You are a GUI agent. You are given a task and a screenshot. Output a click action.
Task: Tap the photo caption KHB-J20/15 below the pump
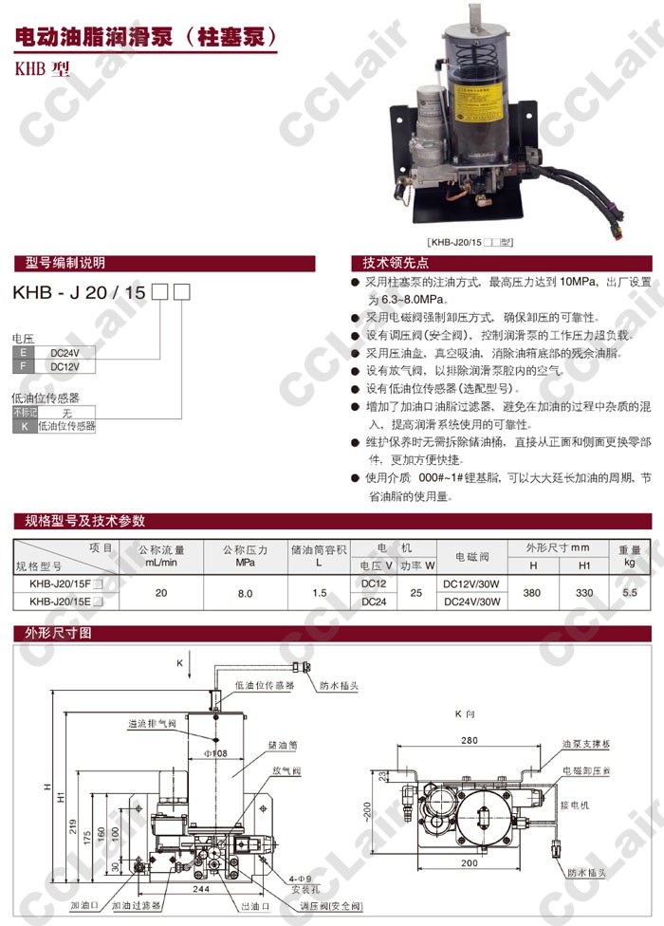[x=470, y=242]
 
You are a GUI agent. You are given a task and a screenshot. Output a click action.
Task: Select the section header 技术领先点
[x=390, y=263]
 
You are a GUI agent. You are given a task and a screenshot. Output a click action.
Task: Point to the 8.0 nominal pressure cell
[x=245, y=593]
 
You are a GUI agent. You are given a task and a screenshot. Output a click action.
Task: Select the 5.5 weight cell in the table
[x=628, y=593]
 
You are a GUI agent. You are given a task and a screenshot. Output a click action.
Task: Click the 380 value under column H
[x=533, y=593]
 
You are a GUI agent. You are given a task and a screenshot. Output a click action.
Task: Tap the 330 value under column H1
[x=585, y=593]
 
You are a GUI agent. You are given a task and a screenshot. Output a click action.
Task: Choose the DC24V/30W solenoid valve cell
[x=471, y=602]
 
